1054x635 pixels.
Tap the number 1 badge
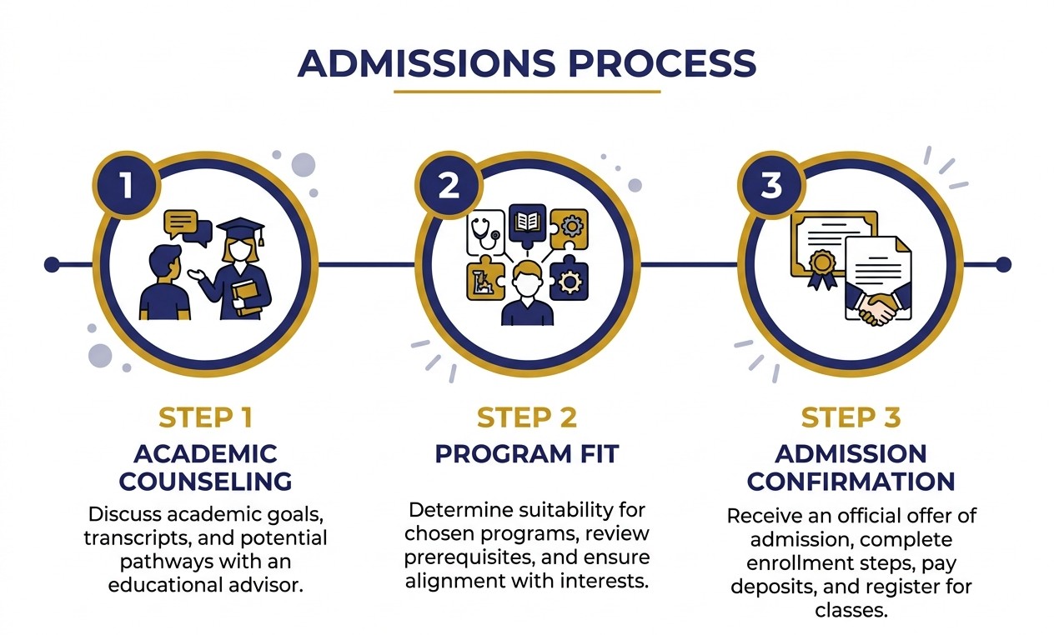pos(126,185)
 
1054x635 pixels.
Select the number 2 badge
pos(449,185)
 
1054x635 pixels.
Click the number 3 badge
pos(771,185)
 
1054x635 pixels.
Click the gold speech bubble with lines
pos(181,222)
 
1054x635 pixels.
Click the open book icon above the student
pos(527,222)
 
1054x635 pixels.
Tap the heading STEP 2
pos(526,417)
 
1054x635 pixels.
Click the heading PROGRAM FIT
pos(526,454)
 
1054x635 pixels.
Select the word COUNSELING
pos(205,481)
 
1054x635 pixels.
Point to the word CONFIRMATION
pos(851,481)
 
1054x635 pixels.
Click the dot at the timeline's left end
pos(52,265)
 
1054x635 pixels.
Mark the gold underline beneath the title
pos(526,91)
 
